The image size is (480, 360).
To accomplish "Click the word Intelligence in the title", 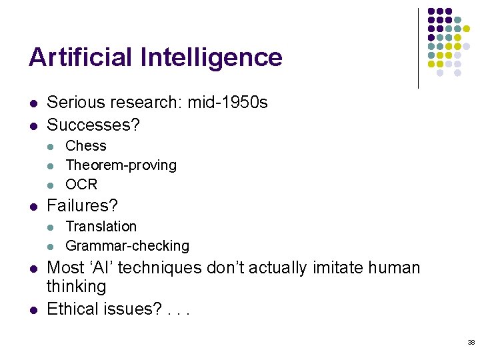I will (211, 57).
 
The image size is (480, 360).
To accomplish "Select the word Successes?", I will (93, 125).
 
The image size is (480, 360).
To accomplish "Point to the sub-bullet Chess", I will (86, 146).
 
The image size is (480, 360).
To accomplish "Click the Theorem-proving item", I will (121, 165).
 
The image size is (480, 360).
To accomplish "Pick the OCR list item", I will (81, 184).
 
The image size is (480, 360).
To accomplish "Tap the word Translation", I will (101, 227).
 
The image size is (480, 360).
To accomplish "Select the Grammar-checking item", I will (127, 246).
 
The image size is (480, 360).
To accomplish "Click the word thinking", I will (76, 287).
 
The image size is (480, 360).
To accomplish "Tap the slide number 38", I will (471, 342).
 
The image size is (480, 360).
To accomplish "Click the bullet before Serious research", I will (32, 103).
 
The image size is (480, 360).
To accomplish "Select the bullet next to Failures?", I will (32, 207).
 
